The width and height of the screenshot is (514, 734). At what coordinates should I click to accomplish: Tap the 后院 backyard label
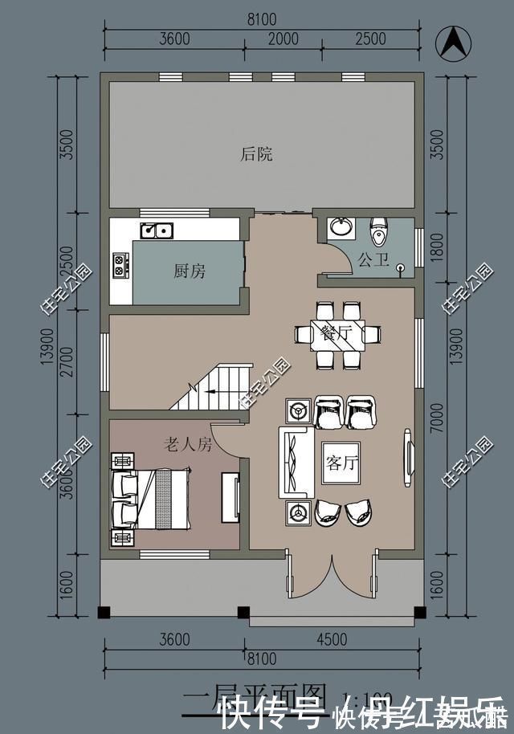click(x=256, y=154)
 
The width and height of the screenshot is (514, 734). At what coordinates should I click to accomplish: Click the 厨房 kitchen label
click(x=190, y=271)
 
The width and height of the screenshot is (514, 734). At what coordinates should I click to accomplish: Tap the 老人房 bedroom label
click(x=188, y=443)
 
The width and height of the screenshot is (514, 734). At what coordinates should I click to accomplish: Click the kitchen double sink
click(x=157, y=230)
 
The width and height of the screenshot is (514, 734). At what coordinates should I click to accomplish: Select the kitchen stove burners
click(x=121, y=265)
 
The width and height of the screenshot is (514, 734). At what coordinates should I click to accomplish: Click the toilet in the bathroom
click(x=377, y=233)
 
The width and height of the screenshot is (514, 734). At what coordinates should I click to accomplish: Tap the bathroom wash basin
click(x=341, y=227)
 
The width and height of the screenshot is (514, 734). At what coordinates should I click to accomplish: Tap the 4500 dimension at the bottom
click(x=332, y=639)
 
